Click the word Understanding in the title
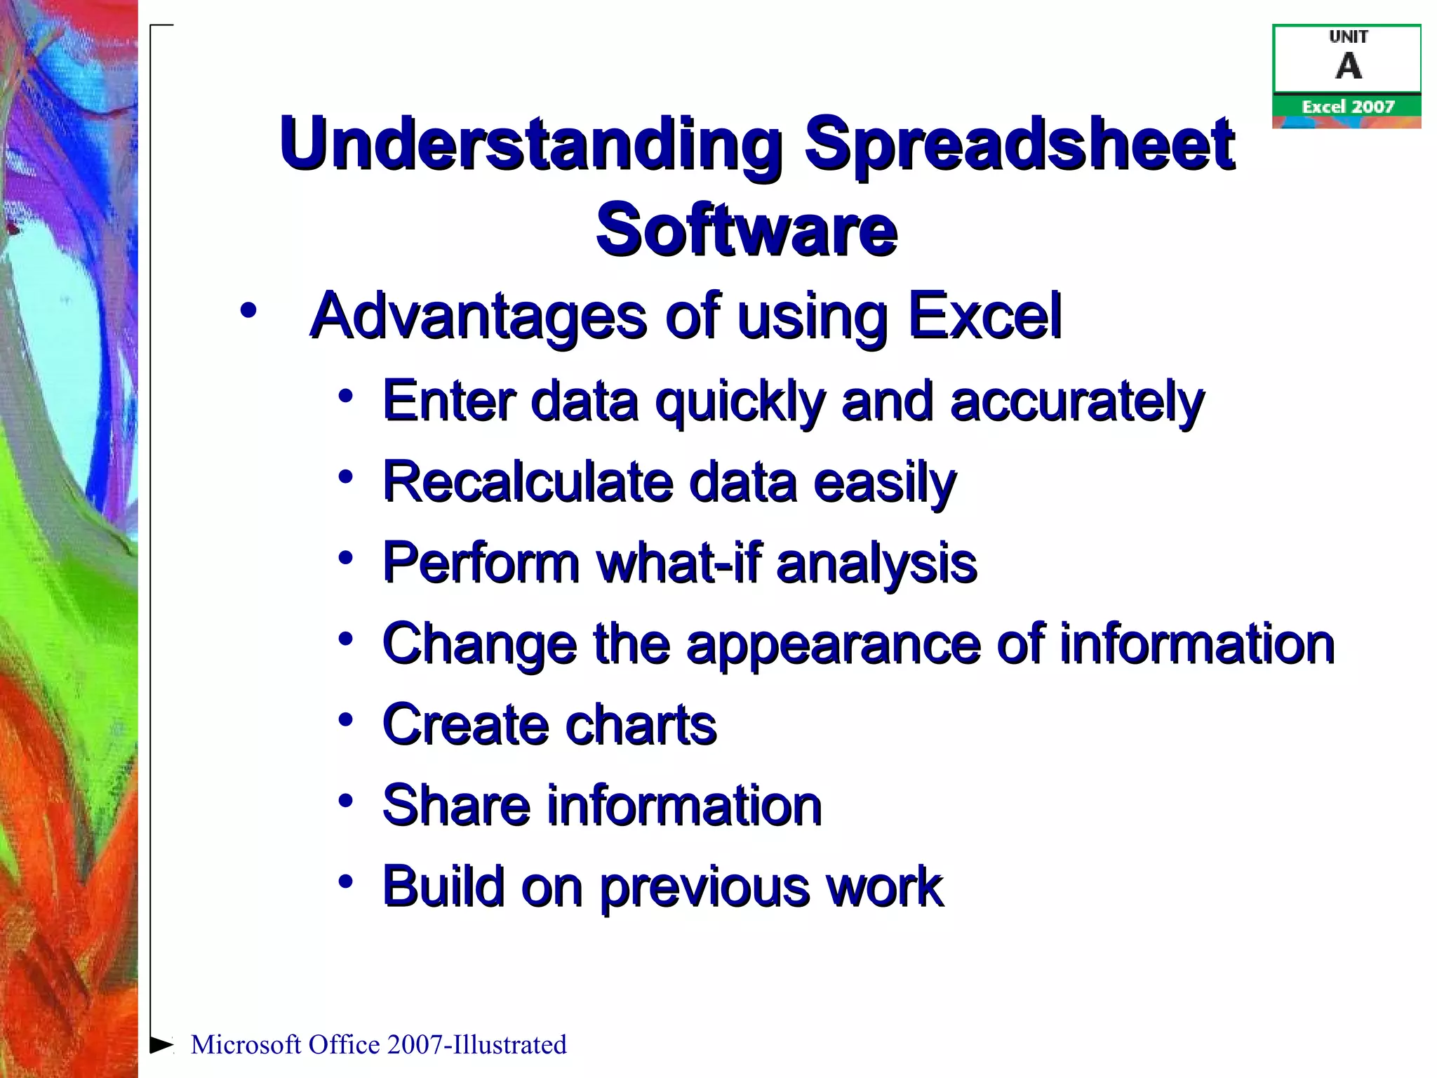point(530,144)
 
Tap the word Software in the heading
point(747,229)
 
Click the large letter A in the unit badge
point(1348,67)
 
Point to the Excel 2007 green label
point(1347,107)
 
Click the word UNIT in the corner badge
point(1348,36)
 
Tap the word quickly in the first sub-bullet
point(740,402)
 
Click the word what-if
point(678,563)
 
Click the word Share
point(456,806)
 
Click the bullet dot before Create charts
point(345,720)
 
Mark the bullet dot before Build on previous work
point(345,881)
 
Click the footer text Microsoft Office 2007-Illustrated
point(378,1044)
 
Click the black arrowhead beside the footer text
point(161,1044)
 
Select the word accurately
point(1076,402)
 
